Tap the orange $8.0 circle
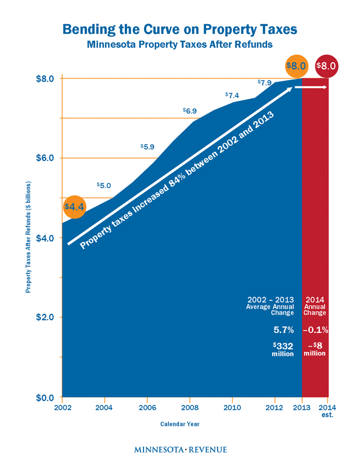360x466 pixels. (297, 66)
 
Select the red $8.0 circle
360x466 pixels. (326, 66)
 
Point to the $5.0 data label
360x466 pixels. (104, 185)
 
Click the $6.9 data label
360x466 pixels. (190, 111)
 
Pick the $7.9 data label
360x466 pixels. (265, 82)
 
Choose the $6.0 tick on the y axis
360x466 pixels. (44, 158)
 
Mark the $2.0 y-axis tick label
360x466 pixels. (44, 317)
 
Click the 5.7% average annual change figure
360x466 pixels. (282, 330)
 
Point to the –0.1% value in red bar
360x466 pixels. (315, 330)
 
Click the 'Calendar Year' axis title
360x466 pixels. (179, 424)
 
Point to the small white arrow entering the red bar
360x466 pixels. (311, 88)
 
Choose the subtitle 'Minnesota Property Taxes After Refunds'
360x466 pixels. (179, 44)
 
